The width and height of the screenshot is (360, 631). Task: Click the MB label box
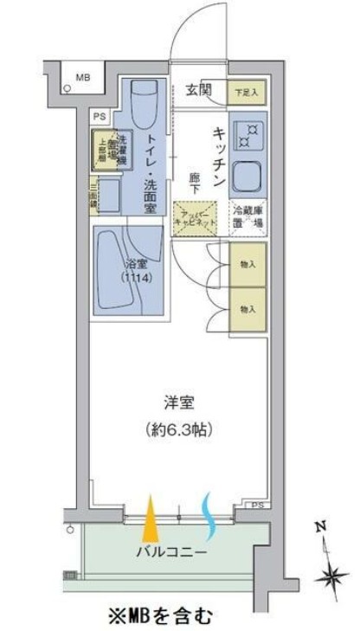pyautogui.click(x=84, y=79)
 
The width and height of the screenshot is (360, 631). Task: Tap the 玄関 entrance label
pyautogui.click(x=200, y=87)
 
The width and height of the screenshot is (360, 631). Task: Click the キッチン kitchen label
pyautogui.click(x=218, y=157)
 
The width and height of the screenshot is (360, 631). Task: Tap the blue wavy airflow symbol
pyautogui.click(x=209, y=512)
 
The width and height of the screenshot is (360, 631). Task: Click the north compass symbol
pyautogui.click(x=327, y=563)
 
